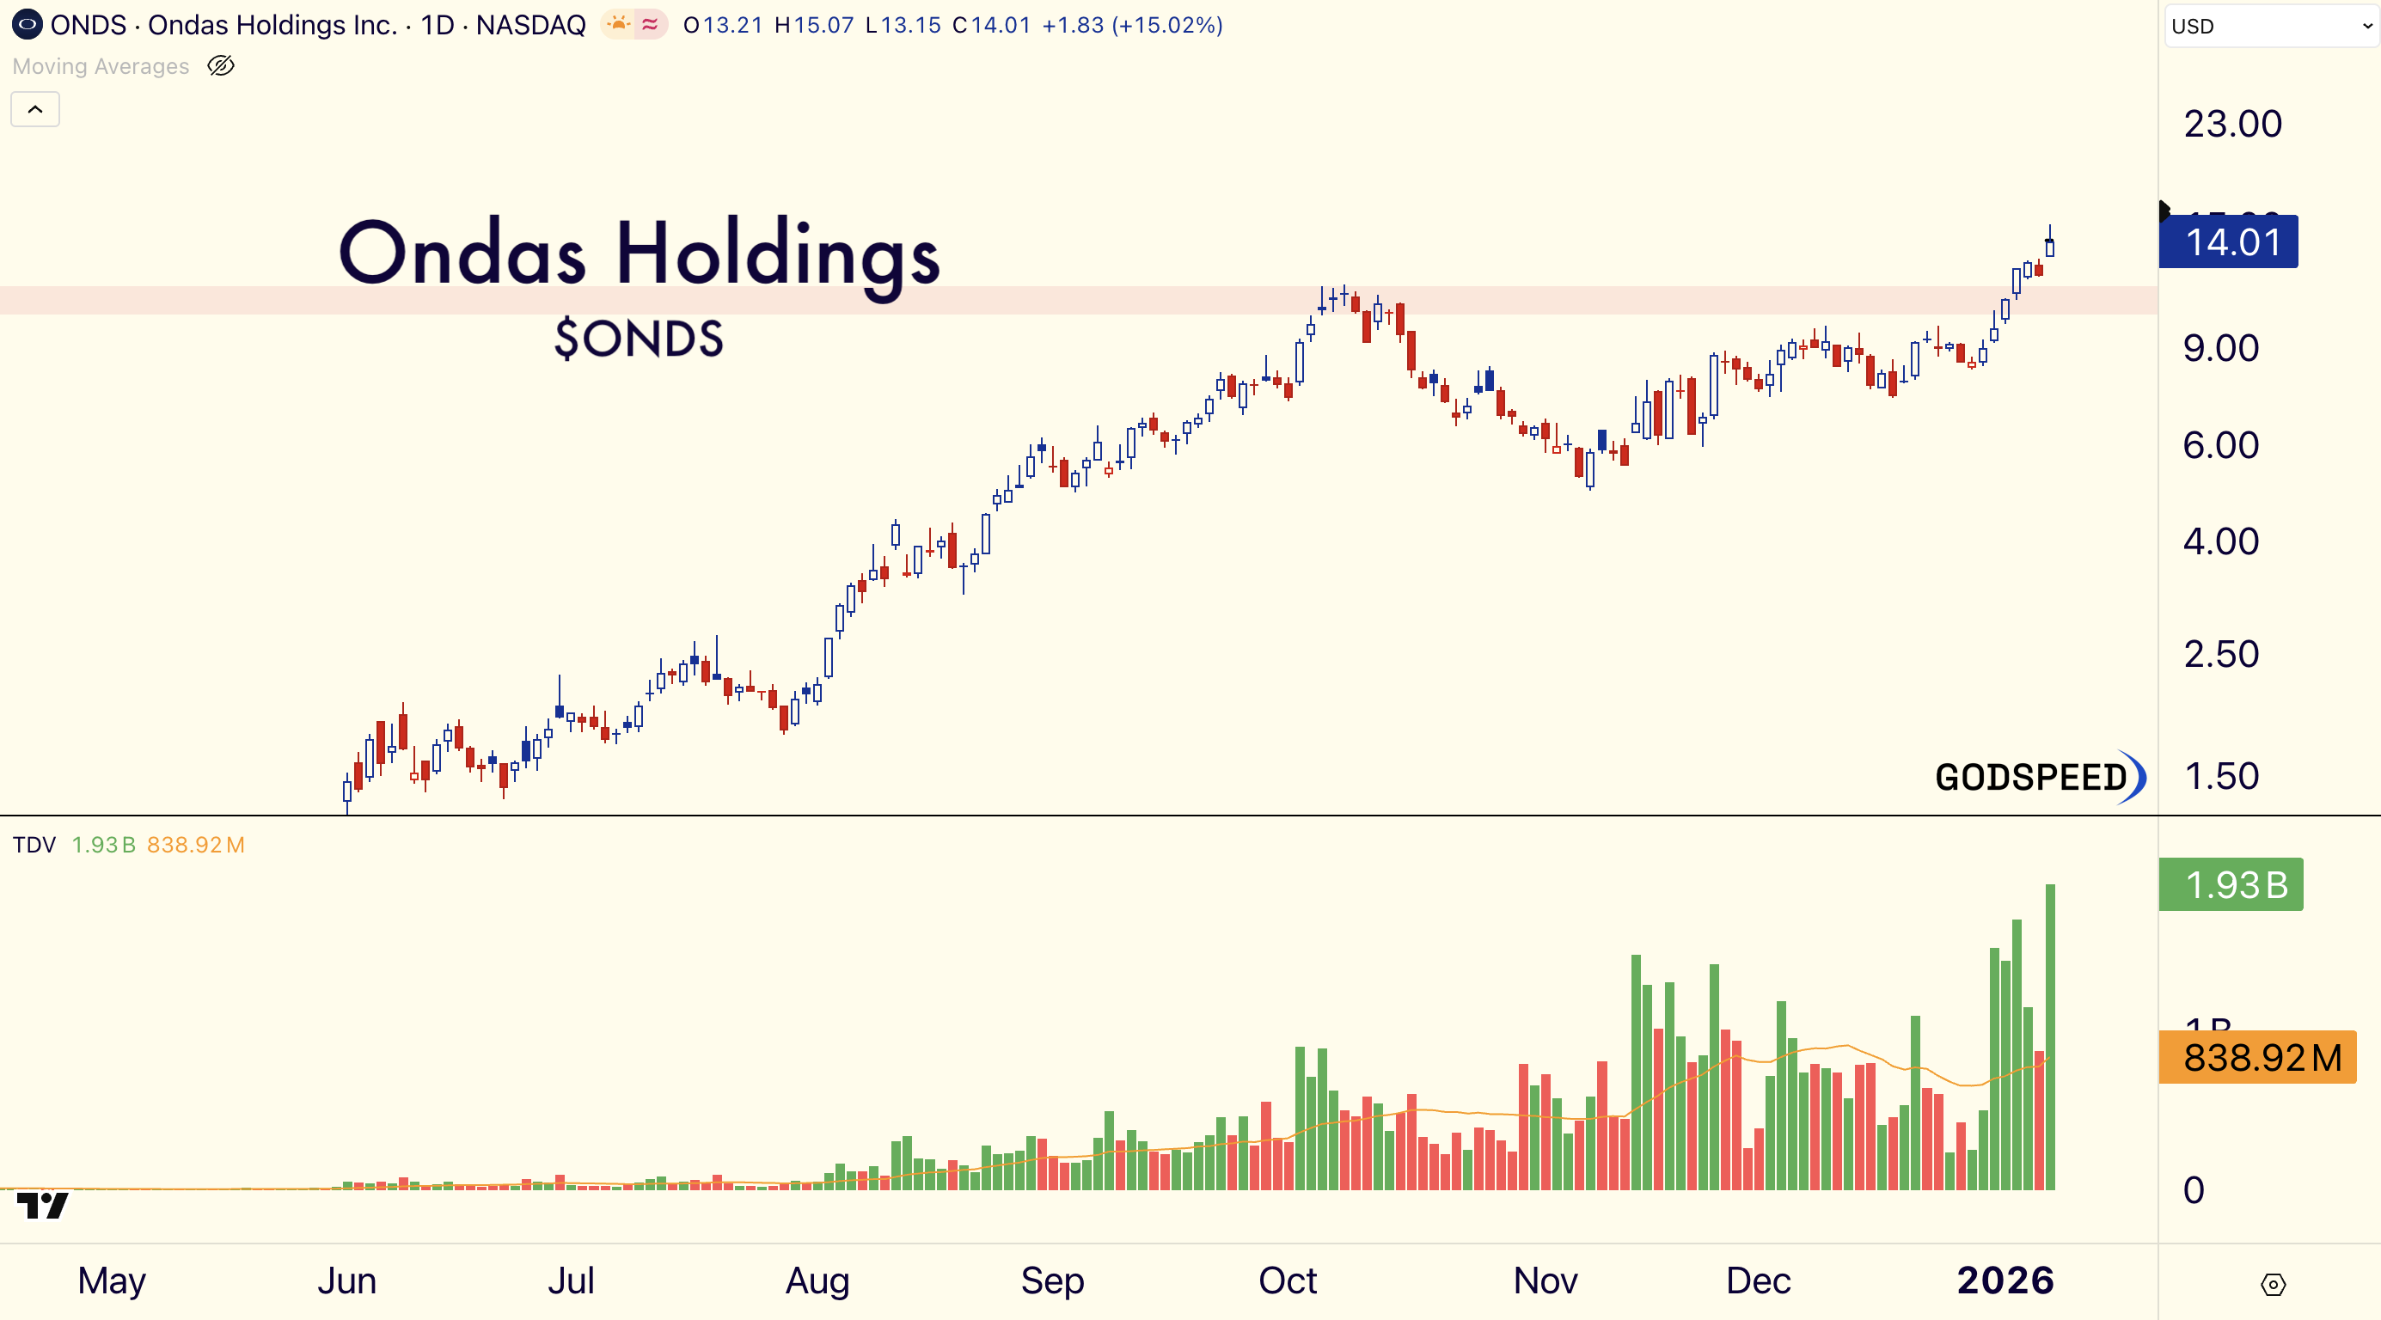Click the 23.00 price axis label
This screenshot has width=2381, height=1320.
coord(2232,124)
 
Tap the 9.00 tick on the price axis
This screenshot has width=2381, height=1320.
coord(2220,349)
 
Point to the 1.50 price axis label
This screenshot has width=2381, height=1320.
coord(2221,777)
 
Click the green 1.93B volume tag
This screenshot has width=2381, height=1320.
coord(2231,884)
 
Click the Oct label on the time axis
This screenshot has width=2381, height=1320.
coord(1288,1280)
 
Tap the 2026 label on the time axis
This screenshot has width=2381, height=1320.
coord(2005,1280)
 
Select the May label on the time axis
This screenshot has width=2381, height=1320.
coord(112,1280)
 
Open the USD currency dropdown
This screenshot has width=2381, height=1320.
coord(2271,26)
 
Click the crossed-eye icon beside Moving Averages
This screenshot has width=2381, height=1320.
coord(221,65)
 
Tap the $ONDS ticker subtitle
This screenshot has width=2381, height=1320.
coord(639,339)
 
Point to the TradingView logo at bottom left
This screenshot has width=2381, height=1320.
coord(42,1205)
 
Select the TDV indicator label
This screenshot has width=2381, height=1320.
coord(34,845)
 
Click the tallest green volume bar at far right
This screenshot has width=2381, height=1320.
coord(2050,1036)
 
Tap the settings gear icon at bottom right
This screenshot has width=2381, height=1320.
coord(2273,1284)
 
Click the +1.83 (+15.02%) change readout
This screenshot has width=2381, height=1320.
coord(1132,25)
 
